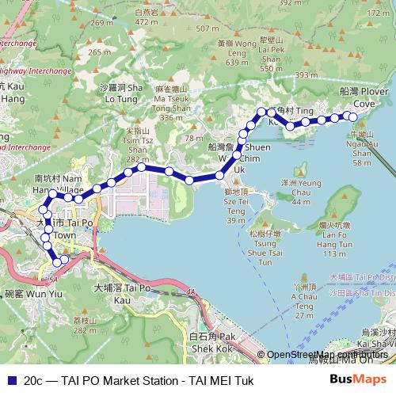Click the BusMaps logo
(x=359, y=379)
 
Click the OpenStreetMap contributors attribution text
(x=326, y=355)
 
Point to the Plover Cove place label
(x=362, y=98)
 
